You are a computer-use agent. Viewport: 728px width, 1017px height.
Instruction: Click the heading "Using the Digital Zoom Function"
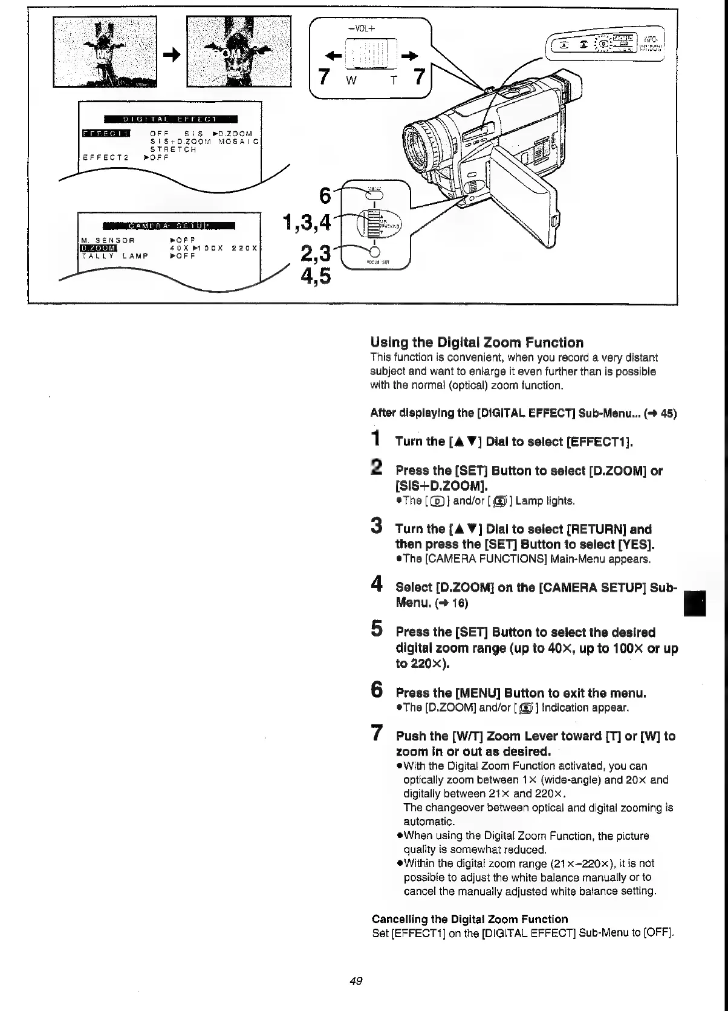(477, 342)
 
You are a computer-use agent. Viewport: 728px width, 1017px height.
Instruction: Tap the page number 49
(356, 981)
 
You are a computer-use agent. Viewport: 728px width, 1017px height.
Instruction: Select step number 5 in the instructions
(376, 630)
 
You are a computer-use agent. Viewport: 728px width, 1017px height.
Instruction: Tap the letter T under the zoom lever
(393, 82)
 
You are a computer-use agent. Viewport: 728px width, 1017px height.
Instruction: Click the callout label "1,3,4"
(307, 223)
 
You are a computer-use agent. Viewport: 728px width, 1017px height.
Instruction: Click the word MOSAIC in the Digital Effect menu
(238, 142)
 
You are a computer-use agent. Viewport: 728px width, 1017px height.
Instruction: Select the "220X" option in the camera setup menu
(245, 248)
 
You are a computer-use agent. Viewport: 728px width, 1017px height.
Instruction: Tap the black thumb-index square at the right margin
(695, 603)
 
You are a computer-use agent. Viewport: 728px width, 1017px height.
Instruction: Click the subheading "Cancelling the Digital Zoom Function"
(470, 919)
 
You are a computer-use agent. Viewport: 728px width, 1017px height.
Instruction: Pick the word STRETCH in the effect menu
(173, 149)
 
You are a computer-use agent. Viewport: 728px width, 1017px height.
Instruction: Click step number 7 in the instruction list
(376, 733)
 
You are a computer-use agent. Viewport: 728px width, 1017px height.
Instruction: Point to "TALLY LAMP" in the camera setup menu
(115, 256)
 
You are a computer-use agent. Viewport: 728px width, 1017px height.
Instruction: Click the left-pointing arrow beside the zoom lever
(332, 57)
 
